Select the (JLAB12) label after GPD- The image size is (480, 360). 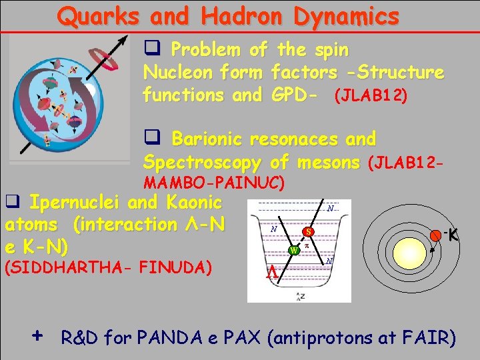pos(371,95)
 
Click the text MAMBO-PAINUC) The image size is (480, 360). pos(215,181)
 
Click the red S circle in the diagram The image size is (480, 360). pos(307,232)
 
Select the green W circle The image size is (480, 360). pos(293,251)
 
